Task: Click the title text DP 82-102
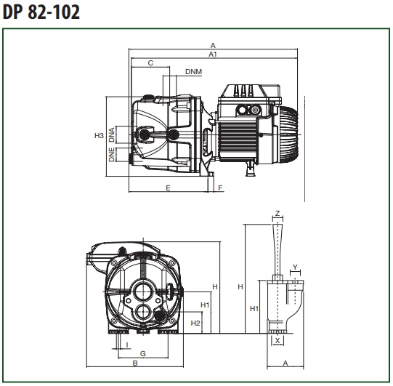tap(41, 12)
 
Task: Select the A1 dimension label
tap(213, 55)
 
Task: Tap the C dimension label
tap(150, 63)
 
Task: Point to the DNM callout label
tap(193, 72)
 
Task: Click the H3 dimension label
tap(99, 136)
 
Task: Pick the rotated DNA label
tap(112, 134)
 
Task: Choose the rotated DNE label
tap(112, 155)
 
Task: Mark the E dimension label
tap(169, 188)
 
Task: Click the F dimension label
tap(220, 188)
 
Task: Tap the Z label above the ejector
tap(277, 214)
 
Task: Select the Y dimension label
tap(295, 267)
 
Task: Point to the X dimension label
tap(277, 341)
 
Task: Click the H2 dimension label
tap(195, 323)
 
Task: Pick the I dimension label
tap(127, 345)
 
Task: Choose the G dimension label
tap(143, 353)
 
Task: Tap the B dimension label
tap(135, 363)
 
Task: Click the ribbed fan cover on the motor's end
tap(288, 134)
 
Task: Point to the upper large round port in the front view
tap(143, 291)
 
